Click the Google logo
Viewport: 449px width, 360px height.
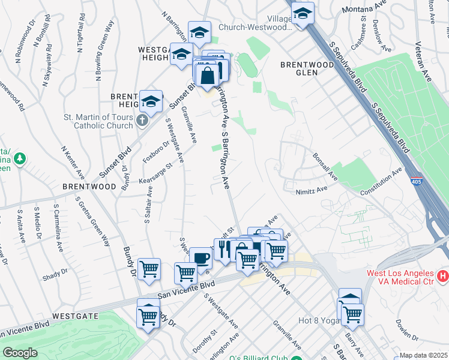tap(20, 353)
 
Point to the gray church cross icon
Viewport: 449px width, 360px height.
tap(142, 121)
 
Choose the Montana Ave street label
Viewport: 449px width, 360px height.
tap(363, 10)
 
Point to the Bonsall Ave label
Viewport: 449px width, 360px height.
tap(325, 166)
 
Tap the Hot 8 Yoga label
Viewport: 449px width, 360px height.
tap(318, 320)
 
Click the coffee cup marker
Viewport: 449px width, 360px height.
tap(200, 259)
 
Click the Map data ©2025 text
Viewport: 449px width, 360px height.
tap(423, 355)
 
